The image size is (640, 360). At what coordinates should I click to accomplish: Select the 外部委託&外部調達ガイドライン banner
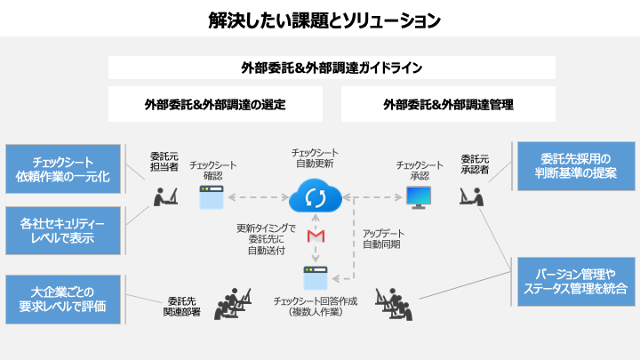pyautogui.click(x=332, y=68)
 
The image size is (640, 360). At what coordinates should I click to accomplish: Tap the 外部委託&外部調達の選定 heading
pyautogui.click(x=215, y=104)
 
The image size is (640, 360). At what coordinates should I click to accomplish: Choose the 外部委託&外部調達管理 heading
pyautogui.click(x=448, y=104)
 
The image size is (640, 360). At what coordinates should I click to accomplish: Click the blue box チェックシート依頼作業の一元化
pyautogui.click(x=62, y=169)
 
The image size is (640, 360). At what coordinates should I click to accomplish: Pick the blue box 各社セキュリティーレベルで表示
pyautogui.click(x=62, y=230)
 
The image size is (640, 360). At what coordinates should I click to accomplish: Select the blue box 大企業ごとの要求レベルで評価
pyautogui.click(x=62, y=299)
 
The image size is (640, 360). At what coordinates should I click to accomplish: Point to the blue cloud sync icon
pyautogui.click(x=314, y=196)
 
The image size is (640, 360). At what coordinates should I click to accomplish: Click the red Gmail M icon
pyautogui.click(x=314, y=236)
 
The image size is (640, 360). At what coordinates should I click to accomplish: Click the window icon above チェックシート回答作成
pyautogui.click(x=314, y=278)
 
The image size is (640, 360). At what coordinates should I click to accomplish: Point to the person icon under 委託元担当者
pyautogui.click(x=164, y=194)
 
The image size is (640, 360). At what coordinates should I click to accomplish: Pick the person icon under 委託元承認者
pyautogui.click(x=471, y=194)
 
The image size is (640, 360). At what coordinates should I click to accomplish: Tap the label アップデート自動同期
pyautogui.click(x=384, y=238)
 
